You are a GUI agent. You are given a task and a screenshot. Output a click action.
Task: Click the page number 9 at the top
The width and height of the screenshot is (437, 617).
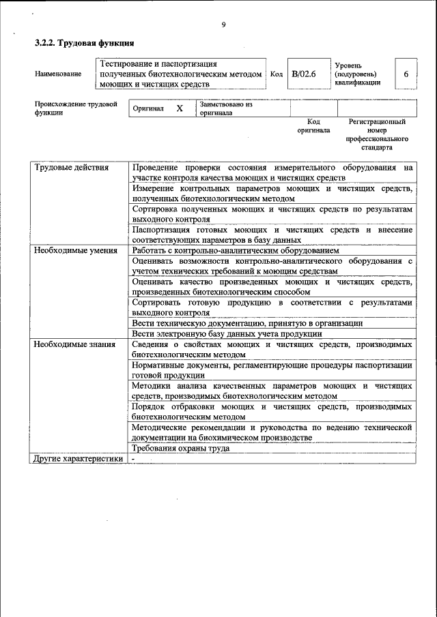tap(223, 25)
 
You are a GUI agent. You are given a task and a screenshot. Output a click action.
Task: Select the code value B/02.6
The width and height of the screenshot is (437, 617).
tap(303, 74)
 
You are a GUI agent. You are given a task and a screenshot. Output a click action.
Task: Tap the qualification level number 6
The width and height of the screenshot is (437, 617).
tap(406, 74)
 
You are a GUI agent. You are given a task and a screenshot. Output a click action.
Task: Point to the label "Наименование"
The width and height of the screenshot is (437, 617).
tap(58, 74)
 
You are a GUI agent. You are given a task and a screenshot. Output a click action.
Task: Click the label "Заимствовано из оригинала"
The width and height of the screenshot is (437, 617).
tap(226, 109)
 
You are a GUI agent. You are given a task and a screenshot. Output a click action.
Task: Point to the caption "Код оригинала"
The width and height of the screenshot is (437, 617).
tap(313, 125)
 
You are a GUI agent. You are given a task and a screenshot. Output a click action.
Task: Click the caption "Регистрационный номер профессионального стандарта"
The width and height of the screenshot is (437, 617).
tap(377, 134)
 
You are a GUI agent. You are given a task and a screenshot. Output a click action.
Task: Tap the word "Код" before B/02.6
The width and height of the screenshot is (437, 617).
tap(277, 74)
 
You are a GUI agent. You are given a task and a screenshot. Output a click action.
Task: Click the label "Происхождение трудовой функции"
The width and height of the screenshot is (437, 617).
tap(76, 109)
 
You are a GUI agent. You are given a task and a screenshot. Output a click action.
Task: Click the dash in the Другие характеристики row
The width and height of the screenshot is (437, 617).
tap(134, 459)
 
